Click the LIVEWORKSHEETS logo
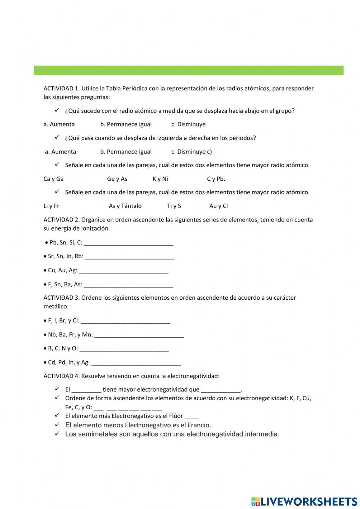pyautogui.click(x=304, y=501)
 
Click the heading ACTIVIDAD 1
pyautogui.click(x=61, y=89)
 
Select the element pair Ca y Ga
pyautogui.click(x=53, y=179)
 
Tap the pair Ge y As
pyautogui.click(x=117, y=179)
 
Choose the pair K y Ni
pyautogui.click(x=160, y=179)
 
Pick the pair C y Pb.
pyautogui.click(x=216, y=179)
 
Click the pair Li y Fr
pyautogui.click(x=51, y=206)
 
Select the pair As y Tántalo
pyautogui.click(x=125, y=206)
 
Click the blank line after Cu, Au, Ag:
pyautogui.click(x=123, y=271)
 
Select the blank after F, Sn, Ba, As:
pyautogui.click(x=128, y=285)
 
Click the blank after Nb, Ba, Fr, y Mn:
pyautogui.click(x=139, y=335)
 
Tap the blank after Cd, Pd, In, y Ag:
pyautogui.click(x=136, y=363)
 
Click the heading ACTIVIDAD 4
pyautogui.click(x=61, y=376)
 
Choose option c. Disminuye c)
pyautogui.click(x=192, y=152)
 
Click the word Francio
pyautogui.click(x=199, y=425)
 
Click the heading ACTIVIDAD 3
pyautogui.click(x=61, y=298)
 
